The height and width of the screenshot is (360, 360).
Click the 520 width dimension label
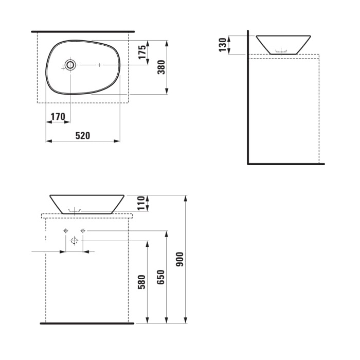(83, 136)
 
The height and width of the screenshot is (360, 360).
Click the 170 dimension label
(57, 117)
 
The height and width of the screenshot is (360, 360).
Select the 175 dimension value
(143, 52)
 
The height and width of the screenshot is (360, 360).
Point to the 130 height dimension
(222, 45)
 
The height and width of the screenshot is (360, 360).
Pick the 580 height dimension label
(142, 282)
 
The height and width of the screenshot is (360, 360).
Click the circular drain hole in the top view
(70, 65)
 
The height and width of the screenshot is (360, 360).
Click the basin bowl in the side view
(283, 44)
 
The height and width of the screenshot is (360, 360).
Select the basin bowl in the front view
(87, 203)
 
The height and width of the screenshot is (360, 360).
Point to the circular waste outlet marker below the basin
(74, 240)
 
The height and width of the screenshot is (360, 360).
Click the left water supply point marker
(65, 231)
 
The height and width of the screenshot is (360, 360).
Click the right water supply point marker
(83, 231)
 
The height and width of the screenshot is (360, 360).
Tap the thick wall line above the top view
(83, 31)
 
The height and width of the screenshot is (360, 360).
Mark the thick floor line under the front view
(87, 323)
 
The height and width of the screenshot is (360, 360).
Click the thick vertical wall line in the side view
(248, 98)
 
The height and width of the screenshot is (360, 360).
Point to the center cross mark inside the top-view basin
(99, 65)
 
